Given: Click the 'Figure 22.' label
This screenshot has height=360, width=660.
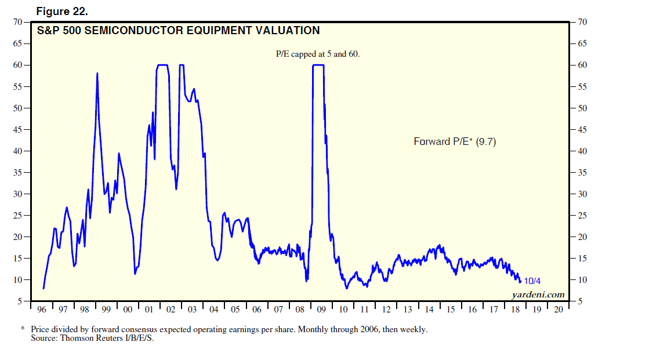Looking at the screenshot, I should point(63,12).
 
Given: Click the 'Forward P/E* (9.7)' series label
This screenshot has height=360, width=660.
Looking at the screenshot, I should point(455,141).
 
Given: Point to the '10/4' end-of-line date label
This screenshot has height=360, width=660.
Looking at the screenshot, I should point(532,281).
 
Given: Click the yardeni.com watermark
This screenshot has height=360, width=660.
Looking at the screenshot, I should point(538,295).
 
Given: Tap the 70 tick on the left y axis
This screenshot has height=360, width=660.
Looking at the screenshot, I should point(17,22).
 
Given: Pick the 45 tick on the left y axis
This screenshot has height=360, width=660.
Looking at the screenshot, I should point(17,130).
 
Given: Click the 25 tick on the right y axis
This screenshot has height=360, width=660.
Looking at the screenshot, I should point(582,216).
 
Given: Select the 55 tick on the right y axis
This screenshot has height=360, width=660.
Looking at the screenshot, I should point(582,87).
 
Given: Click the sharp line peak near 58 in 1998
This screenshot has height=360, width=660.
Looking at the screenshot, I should point(97,74).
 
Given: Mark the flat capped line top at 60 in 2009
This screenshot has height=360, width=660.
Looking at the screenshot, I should point(318,65).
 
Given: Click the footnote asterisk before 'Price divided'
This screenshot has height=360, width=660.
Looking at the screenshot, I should point(23,329).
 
